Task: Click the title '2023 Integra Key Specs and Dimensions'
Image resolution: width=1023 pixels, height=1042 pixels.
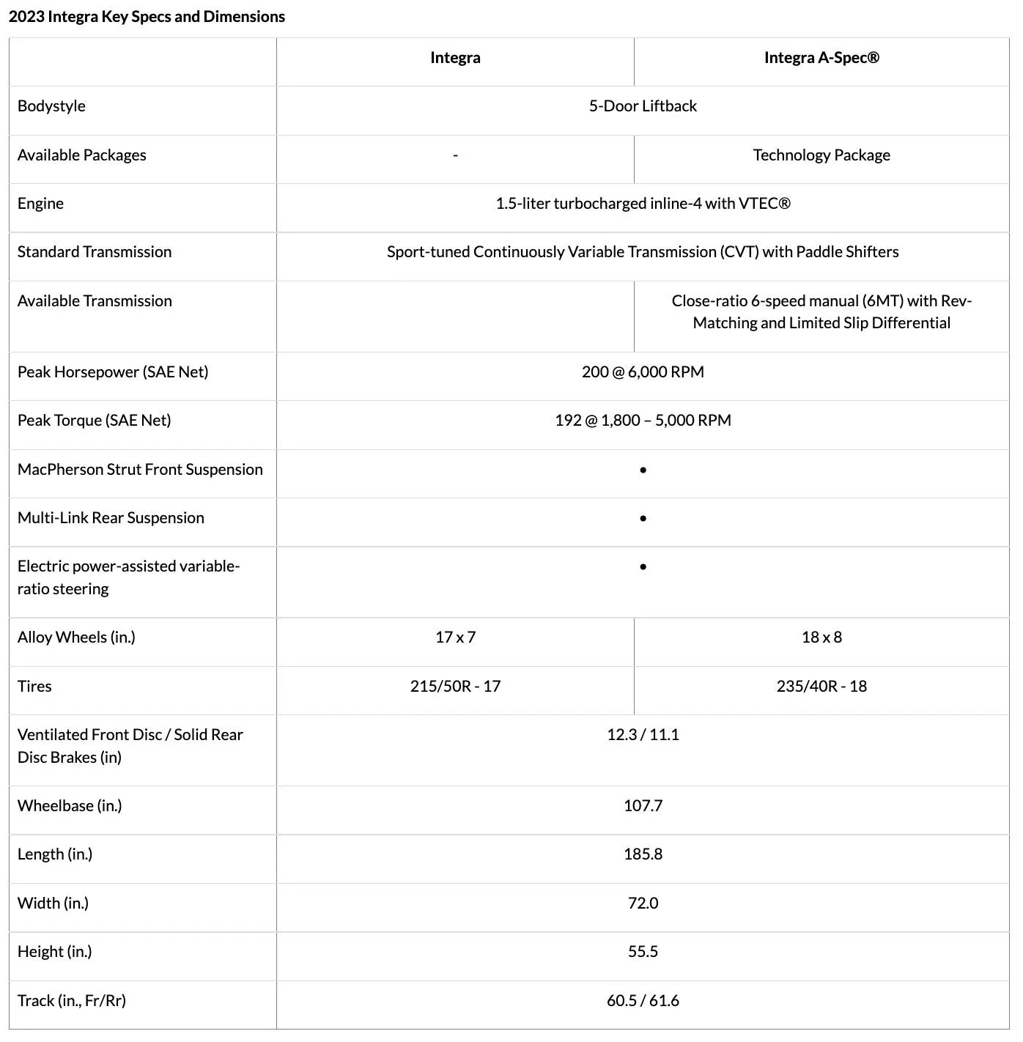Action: pos(147,17)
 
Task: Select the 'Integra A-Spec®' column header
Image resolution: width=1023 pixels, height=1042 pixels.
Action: pos(821,58)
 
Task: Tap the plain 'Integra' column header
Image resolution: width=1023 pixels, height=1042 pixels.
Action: pos(455,58)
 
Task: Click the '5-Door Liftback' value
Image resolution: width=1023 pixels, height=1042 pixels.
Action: pos(643,106)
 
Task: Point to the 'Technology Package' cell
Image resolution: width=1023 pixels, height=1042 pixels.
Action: pos(821,155)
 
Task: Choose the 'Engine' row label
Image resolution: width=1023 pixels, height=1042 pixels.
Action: pos(40,204)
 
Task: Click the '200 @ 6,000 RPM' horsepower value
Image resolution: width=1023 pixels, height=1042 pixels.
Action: pos(643,372)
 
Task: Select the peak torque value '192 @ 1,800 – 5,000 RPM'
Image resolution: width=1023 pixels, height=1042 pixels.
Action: pos(643,421)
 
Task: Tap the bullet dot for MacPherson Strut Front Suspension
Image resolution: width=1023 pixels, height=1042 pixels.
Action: pos(643,470)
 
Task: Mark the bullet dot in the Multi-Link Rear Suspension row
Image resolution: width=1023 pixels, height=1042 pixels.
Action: pos(643,519)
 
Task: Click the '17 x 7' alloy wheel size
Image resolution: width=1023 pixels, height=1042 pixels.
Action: pos(455,638)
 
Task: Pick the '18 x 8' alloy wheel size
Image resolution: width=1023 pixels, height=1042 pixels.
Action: pos(821,638)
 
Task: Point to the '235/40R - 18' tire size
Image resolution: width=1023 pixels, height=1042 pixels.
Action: pos(821,687)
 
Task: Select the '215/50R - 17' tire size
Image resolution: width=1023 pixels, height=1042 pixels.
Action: pos(455,687)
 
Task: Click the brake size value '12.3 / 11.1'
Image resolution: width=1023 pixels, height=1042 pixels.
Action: pos(643,735)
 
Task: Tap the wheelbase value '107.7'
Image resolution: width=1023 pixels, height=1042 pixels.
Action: pos(643,806)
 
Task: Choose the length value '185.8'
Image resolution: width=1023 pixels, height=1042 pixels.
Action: pos(643,854)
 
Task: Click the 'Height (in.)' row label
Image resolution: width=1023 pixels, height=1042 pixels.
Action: pos(54,952)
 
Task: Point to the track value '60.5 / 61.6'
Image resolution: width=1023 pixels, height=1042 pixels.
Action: pos(643,1001)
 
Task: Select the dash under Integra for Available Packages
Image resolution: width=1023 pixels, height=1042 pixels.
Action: pos(455,155)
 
